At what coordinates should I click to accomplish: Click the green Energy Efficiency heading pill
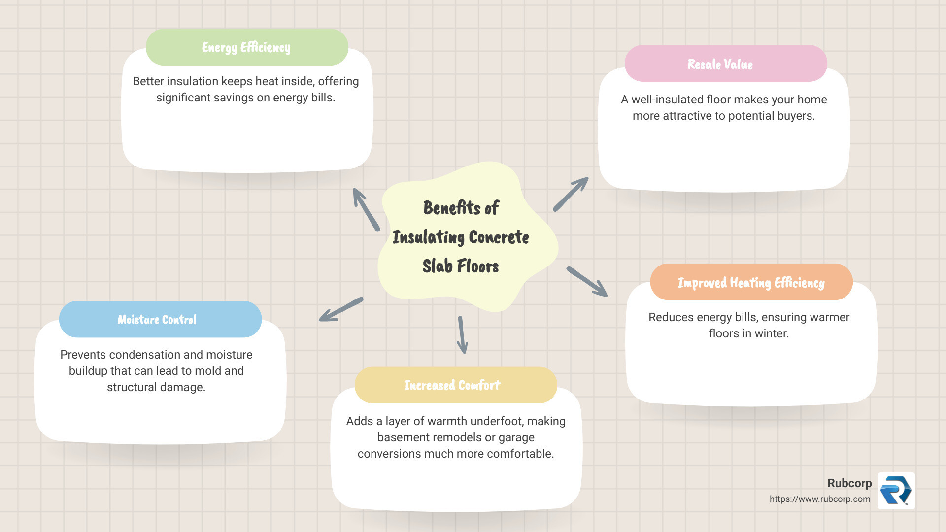click(x=247, y=47)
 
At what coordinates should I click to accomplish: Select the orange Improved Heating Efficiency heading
click(x=751, y=282)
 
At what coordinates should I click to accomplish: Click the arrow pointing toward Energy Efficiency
click(x=366, y=209)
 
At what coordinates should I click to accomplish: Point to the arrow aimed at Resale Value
click(x=571, y=194)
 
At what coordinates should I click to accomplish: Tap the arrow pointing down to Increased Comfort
click(x=462, y=335)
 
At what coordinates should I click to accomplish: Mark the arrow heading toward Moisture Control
click(x=341, y=309)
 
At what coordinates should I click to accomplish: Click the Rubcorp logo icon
click(x=896, y=491)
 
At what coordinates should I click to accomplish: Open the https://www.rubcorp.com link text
click(x=820, y=499)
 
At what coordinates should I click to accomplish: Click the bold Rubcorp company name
click(x=849, y=483)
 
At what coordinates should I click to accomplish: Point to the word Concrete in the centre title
click(x=499, y=237)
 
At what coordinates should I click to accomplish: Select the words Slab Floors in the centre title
click(x=461, y=266)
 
